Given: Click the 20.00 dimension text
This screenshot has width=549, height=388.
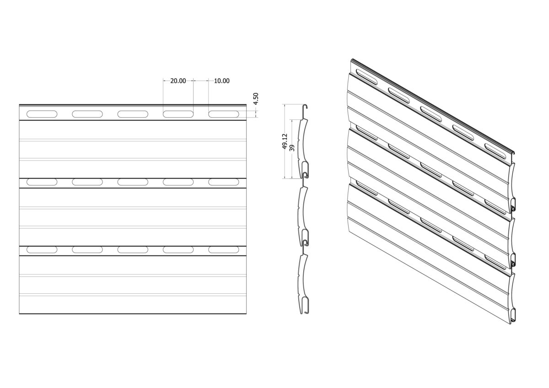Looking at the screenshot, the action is click(178, 81).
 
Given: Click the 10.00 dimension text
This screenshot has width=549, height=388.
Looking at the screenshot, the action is click(222, 81).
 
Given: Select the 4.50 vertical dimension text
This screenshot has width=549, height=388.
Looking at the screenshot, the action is click(256, 99).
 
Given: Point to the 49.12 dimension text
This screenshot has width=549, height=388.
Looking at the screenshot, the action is click(285, 141).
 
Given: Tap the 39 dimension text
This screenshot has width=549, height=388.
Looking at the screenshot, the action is click(292, 148).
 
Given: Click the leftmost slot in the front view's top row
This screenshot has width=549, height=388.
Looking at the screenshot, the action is click(42, 114).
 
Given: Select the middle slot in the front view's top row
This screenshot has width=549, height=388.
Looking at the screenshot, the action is click(133, 114).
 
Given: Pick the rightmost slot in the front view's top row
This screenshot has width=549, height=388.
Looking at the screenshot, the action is click(224, 114).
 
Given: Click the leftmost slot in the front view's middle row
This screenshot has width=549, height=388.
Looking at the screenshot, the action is click(42, 182).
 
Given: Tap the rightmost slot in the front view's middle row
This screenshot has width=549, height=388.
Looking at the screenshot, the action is click(224, 182).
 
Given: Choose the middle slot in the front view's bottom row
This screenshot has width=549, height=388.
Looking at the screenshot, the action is click(133, 249).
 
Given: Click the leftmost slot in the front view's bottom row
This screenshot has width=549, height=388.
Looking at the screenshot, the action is click(42, 249).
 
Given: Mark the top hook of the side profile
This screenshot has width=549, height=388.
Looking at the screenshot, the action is click(306, 107).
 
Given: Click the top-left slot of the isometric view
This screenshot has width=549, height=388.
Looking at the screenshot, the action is click(366, 77).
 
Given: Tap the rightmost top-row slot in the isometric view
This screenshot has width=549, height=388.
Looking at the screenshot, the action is click(495, 151).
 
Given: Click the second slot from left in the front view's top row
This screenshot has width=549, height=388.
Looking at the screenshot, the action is click(87, 114).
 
